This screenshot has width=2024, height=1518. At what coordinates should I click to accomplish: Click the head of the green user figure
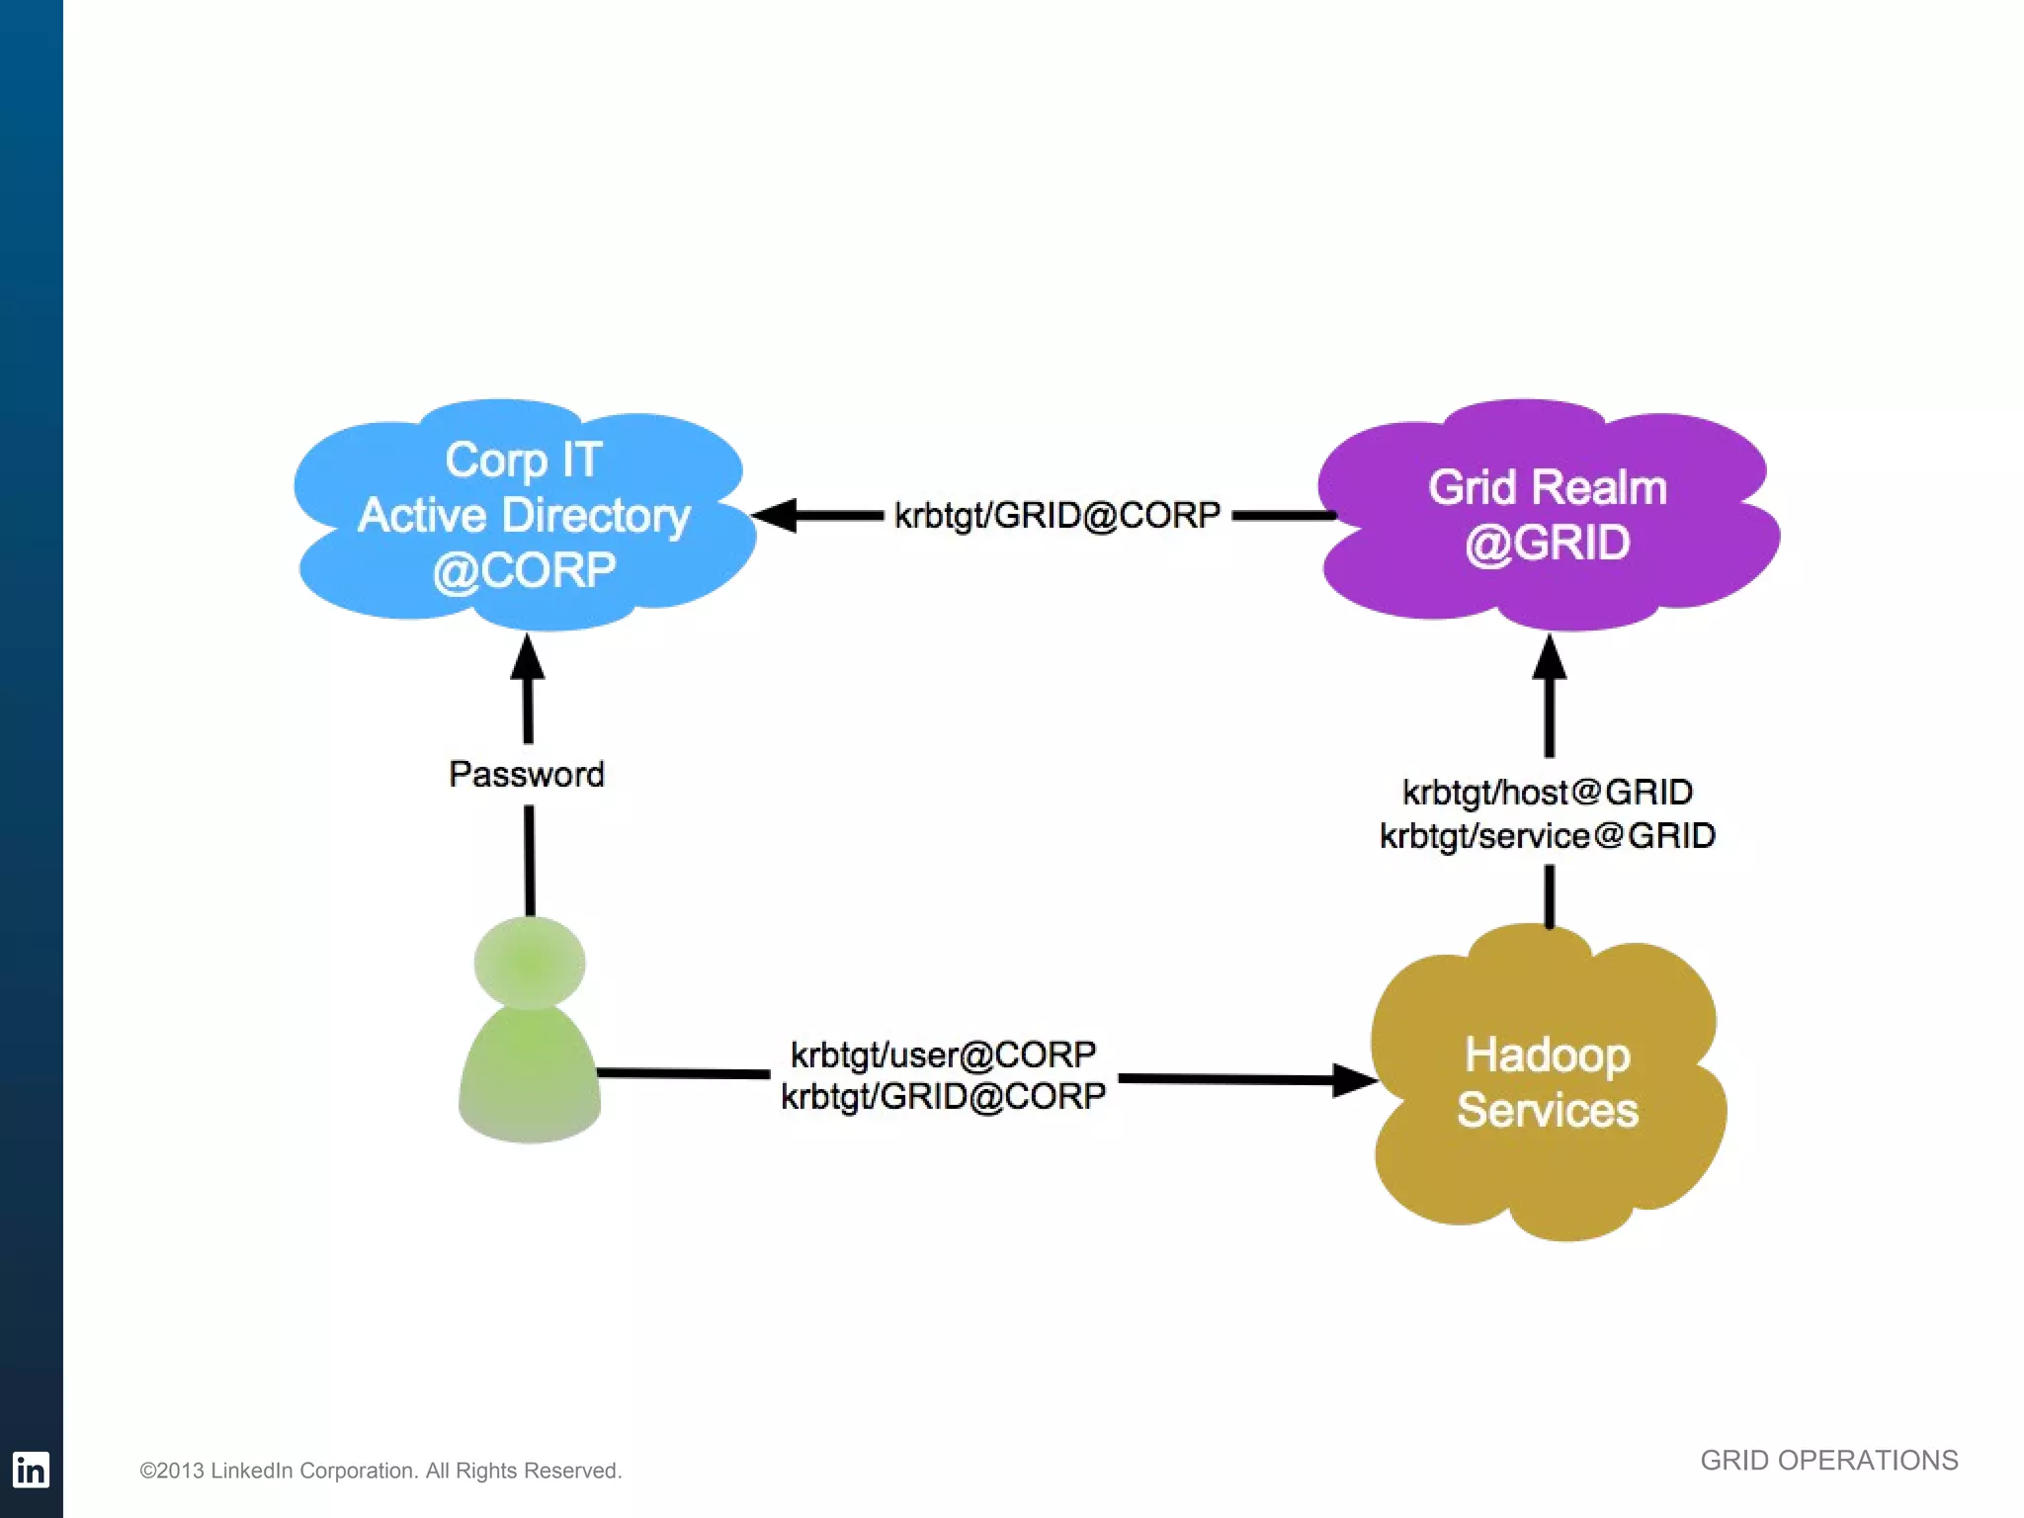(530, 962)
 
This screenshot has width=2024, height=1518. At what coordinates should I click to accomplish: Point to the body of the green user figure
(530, 1077)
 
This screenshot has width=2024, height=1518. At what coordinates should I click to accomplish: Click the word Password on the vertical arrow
(527, 774)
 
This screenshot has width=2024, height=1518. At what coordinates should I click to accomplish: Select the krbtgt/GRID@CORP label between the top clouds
(1057, 515)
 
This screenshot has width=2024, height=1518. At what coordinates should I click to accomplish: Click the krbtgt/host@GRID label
(1548, 792)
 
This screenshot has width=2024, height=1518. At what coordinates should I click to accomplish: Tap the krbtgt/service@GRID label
(1548, 836)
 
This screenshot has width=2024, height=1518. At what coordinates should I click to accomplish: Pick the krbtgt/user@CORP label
(943, 1054)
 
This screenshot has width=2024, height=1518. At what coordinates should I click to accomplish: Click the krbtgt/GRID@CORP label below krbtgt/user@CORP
(943, 1096)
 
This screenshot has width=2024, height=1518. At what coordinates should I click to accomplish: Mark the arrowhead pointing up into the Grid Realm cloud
(1549, 657)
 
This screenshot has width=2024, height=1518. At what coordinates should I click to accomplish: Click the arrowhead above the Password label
(528, 656)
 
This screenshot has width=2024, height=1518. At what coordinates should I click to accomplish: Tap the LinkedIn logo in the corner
(31, 1470)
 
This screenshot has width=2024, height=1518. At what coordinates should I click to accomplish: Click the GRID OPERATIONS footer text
(1828, 1460)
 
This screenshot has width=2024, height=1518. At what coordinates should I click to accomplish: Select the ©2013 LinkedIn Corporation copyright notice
(380, 1471)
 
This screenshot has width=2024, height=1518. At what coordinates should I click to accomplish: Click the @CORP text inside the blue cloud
(524, 570)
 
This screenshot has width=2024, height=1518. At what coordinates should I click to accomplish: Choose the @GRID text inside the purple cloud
(1548, 544)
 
